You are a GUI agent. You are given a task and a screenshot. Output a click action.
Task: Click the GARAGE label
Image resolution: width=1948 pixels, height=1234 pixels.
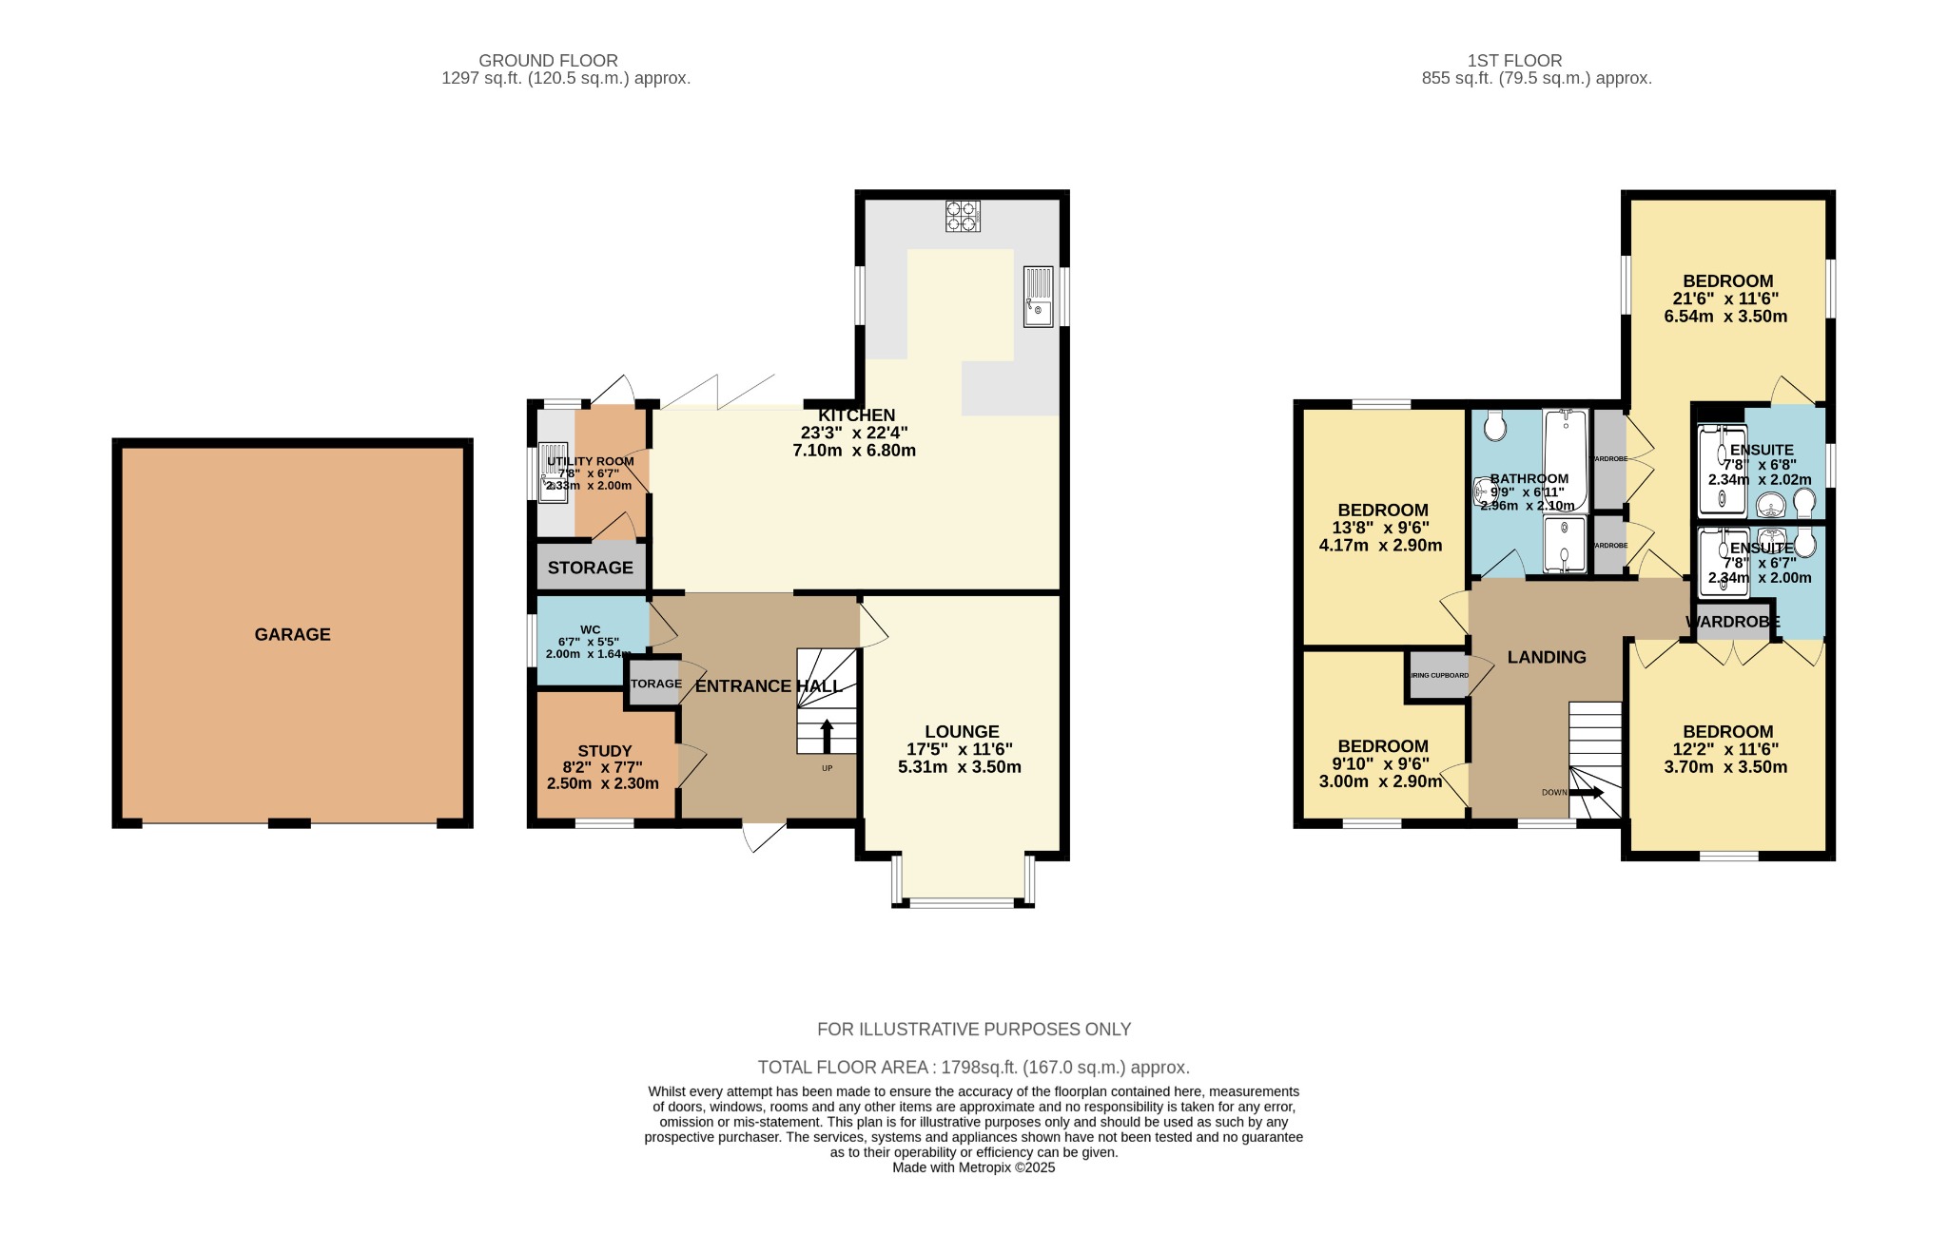[x=292, y=634]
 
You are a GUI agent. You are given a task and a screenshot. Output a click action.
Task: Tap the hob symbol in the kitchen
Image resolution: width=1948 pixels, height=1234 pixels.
[x=962, y=216]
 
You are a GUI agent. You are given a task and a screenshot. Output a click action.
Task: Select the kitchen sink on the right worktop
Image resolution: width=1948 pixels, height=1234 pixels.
[x=1038, y=296]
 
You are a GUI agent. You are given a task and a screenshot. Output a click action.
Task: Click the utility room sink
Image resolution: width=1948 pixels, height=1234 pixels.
[x=553, y=472]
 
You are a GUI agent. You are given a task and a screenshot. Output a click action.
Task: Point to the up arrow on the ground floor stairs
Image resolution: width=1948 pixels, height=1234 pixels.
[x=827, y=735]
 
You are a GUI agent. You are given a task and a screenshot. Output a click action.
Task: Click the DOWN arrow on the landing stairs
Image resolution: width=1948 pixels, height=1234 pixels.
[x=1586, y=792]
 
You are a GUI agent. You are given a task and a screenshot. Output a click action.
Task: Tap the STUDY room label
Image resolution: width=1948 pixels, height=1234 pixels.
[x=604, y=751]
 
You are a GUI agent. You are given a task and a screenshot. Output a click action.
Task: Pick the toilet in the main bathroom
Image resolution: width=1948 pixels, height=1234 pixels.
[x=1494, y=425]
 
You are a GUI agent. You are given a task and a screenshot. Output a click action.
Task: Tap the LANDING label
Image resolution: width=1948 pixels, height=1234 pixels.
[x=1547, y=657]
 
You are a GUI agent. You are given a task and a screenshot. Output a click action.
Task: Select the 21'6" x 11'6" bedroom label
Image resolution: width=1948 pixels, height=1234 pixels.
[x=1726, y=299]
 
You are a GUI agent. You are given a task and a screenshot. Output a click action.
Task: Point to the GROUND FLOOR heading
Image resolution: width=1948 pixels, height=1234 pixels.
[x=548, y=61]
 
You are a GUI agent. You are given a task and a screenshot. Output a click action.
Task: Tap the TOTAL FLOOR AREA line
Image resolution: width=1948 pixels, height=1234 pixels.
[x=973, y=1067]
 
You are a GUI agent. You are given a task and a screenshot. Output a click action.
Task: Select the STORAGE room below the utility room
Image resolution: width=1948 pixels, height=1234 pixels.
[x=590, y=568]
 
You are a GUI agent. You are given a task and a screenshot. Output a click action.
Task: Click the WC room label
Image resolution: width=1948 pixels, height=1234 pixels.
[x=590, y=629]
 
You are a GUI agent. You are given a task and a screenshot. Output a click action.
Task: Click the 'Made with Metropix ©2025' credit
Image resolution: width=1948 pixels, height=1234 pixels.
[x=973, y=1167]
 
